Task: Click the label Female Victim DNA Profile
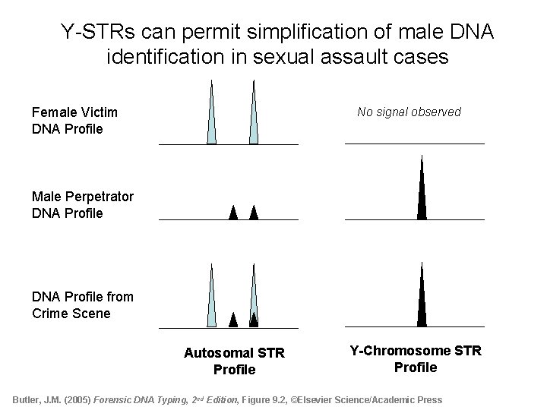coord(74,121)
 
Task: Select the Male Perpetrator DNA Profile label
coord(82,205)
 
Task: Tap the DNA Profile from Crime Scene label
coord(82,305)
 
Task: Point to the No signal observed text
coord(409,112)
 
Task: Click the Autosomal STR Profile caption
coord(234,361)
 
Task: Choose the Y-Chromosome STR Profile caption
coord(415,359)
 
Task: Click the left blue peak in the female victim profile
coord(212,121)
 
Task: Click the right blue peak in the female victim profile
coord(255,121)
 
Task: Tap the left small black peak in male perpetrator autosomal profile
coord(233,213)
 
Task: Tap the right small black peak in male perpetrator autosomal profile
coord(254,213)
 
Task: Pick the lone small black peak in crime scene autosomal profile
coord(233,320)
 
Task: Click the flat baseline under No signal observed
coord(414,143)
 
